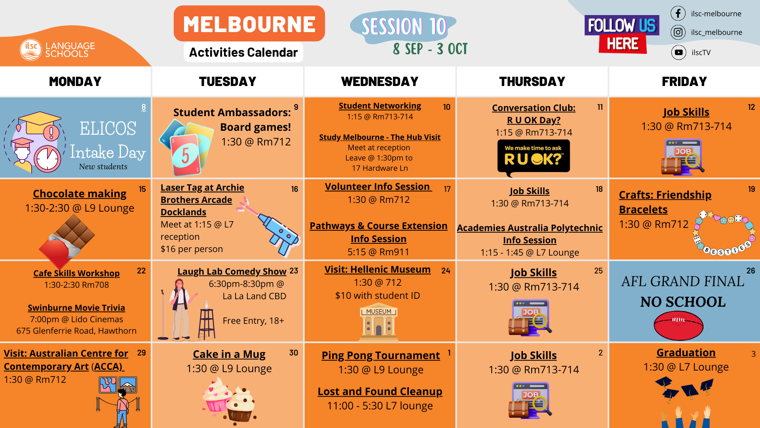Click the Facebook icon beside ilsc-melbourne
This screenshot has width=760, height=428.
(x=678, y=13)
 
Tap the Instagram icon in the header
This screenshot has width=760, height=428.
(x=678, y=32)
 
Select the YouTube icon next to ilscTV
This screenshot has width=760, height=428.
(x=678, y=52)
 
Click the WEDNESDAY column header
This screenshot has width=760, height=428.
(x=380, y=81)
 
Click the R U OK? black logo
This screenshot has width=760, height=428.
(x=533, y=157)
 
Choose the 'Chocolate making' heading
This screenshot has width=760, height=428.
(x=80, y=194)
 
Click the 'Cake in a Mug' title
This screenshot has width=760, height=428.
(x=229, y=354)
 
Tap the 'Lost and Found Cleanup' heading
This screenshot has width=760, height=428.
(x=380, y=392)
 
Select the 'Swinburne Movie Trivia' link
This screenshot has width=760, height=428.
(x=76, y=308)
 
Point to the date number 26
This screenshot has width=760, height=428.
(x=750, y=271)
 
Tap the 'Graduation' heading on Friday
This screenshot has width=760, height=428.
(x=686, y=353)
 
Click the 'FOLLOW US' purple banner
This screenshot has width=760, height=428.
(x=621, y=25)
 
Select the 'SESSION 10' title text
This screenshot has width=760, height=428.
(x=404, y=27)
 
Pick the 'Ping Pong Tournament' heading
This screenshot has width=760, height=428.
(x=380, y=355)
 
